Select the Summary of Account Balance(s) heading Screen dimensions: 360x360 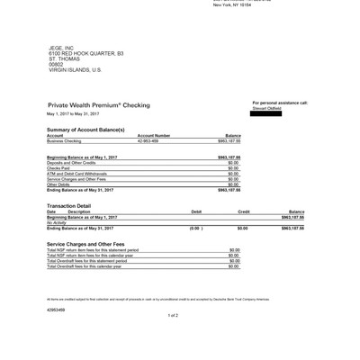pos(85,130)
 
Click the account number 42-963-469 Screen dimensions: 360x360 pos(148,141)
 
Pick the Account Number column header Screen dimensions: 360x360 pos(153,136)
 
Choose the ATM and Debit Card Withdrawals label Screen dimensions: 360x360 pos(76,174)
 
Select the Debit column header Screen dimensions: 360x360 pos(197,211)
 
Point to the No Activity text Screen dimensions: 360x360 pos(58,222)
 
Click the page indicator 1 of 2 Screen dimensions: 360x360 pos(174,315)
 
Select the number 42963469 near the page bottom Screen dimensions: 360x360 pos(56,308)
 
